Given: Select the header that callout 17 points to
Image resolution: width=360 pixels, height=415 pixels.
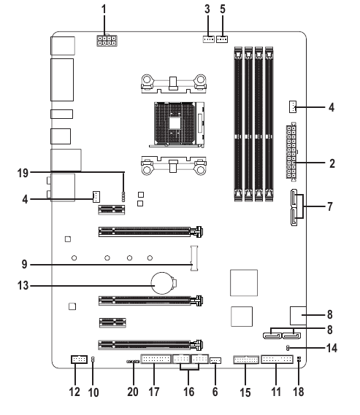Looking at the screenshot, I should click(155, 360).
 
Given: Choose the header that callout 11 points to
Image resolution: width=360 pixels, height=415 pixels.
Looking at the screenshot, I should click(276, 360).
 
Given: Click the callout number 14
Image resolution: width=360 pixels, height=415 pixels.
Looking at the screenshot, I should click(332, 348).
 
